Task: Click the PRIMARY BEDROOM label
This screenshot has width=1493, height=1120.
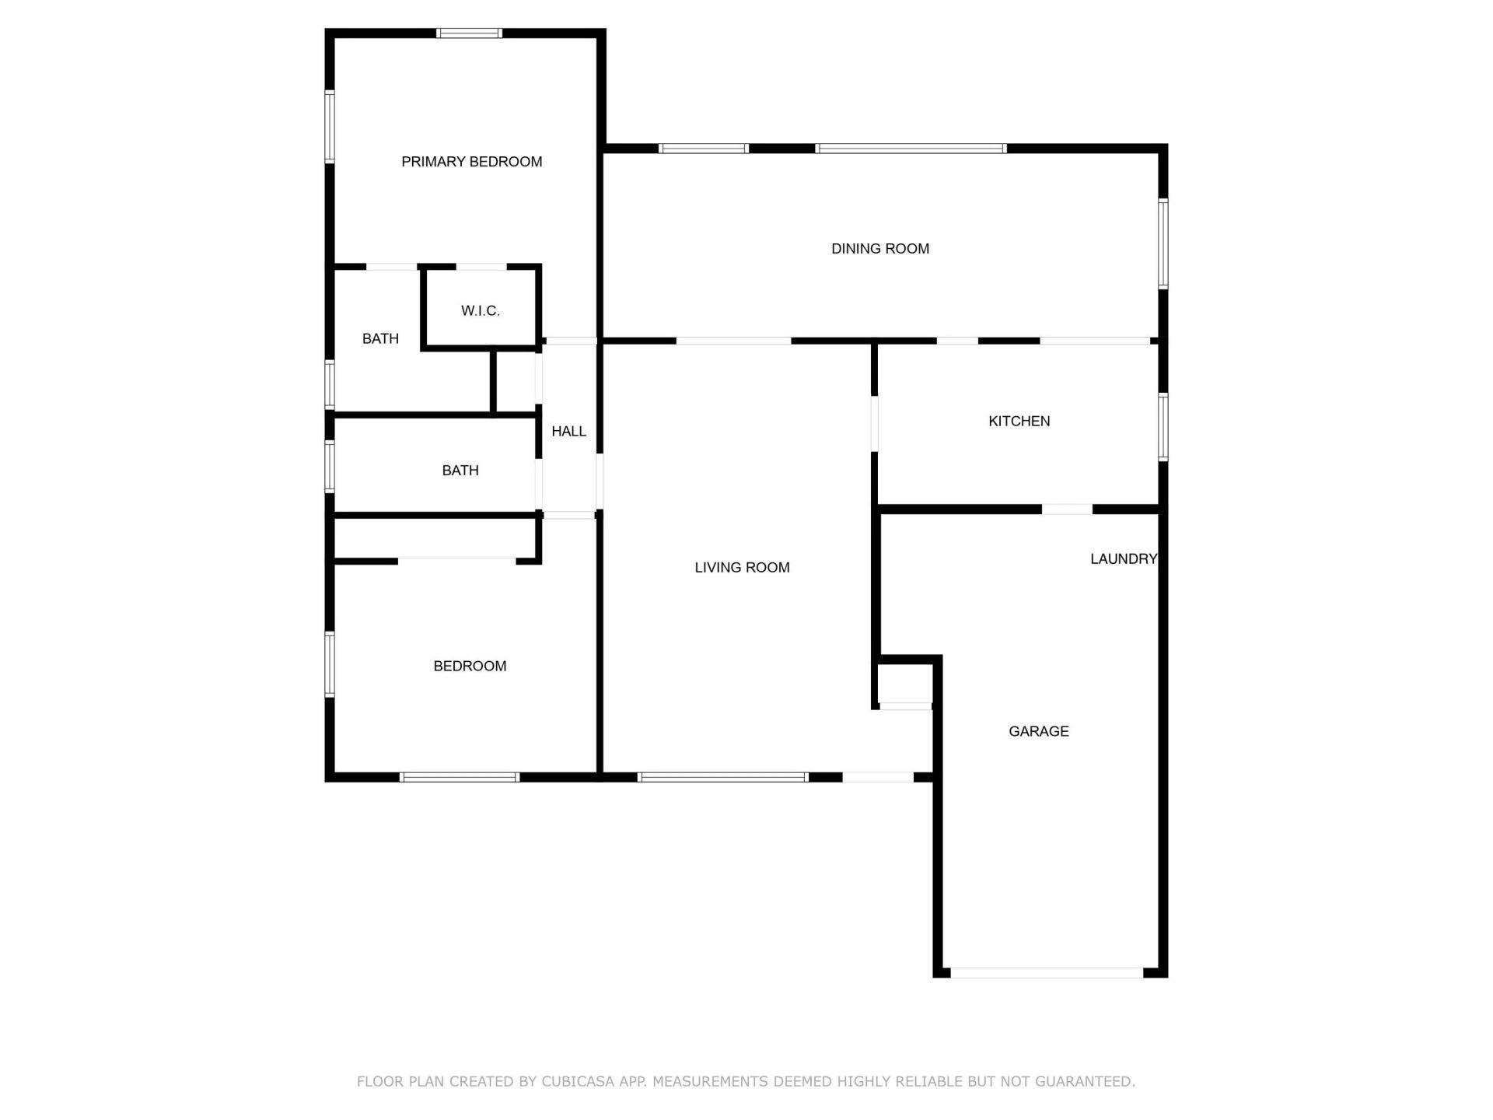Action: coord(471,162)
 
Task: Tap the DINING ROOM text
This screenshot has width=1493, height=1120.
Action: coord(879,249)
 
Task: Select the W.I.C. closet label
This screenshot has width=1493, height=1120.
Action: coord(480,311)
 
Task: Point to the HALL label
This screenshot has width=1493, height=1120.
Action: coord(568,432)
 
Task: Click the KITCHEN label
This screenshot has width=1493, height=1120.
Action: coord(1019,422)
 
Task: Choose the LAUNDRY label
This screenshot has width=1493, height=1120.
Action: coord(1123,559)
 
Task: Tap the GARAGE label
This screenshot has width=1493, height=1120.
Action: coord(1038,732)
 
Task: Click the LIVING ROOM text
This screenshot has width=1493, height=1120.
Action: coord(742,568)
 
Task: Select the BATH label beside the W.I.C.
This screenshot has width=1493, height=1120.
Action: coord(380,339)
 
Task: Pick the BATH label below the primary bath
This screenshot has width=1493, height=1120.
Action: coord(460,471)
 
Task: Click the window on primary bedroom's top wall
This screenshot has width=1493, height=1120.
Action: coord(469,33)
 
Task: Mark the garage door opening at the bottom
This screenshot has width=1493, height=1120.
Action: coord(1047,973)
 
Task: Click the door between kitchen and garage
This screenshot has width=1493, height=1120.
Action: coord(1067,509)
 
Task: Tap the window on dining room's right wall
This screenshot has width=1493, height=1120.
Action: coord(1163,243)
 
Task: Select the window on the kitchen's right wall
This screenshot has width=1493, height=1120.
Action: coord(1163,427)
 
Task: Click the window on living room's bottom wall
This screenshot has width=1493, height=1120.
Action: coord(723,777)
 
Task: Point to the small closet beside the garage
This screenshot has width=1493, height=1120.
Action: coord(904,684)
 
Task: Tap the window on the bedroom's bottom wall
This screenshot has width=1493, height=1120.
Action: coord(460,777)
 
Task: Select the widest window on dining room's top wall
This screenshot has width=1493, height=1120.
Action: coord(911,149)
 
